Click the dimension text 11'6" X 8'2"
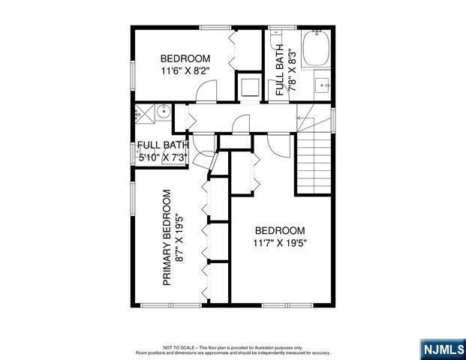[x=185, y=72]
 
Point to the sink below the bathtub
[x=321, y=85]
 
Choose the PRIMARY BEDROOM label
[x=168, y=237]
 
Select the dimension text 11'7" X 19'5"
[x=280, y=243]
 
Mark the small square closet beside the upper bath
[x=248, y=86]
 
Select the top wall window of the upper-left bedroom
[x=215, y=28]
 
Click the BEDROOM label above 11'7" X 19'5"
[x=280, y=230]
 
